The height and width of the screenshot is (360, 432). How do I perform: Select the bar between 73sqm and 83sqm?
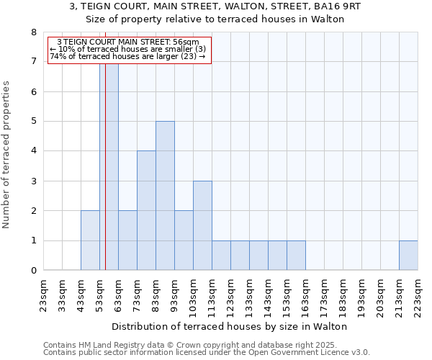[146, 210]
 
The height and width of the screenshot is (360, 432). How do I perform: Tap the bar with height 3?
[202, 225]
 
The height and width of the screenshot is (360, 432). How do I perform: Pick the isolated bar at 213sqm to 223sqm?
[408, 256]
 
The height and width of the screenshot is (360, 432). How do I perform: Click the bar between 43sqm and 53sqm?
[90, 240]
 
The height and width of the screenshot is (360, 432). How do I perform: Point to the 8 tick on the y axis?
[33, 32]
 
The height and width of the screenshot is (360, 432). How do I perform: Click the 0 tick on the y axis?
[33, 271]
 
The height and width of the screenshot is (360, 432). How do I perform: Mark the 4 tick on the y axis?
[33, 151]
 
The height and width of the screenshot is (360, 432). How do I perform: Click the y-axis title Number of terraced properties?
[6, 155]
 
